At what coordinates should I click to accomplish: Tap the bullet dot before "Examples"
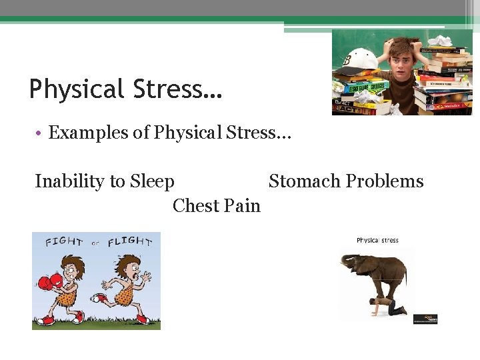[39, 133]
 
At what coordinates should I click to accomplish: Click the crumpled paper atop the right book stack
[440, 41]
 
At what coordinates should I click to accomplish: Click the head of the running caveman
[127, 266]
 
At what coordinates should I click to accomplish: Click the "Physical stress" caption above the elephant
[377, 241]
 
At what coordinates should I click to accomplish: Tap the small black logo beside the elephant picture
[425, 319]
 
